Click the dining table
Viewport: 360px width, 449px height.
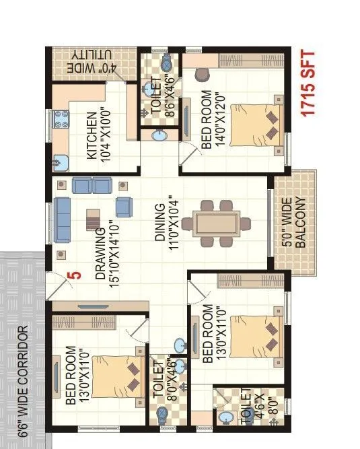(217, 222)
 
